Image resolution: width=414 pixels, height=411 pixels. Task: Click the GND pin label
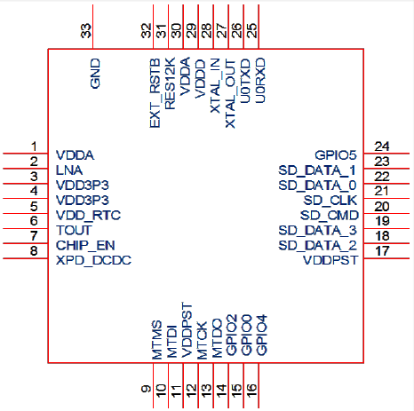pyautogui.click(x=95, y=74)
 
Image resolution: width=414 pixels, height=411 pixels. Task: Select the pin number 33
pyautogui.click(x=86, y=31)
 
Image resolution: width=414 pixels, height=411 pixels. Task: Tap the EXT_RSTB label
pyautogui.click(x=155, y=93)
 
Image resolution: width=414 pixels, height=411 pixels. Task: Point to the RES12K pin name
pyautogui.click(x=170, y=83)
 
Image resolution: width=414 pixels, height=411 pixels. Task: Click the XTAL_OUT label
pyautogui.click(x=230, y=93)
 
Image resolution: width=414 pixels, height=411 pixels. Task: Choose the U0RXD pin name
pyautogui.click(x=260, y=81)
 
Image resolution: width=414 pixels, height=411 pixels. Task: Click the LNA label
pyautogui.click(x=69, y=170)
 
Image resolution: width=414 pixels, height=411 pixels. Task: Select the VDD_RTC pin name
pyautogui.click(x=89, y=216)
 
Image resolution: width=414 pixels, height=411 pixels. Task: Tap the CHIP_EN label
pyautogui.click(x=85, y=245)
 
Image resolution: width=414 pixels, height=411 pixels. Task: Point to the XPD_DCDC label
pyautogui.click(x=94, y=260)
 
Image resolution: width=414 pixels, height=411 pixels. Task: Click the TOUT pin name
pyautogui.click(x=74, y=230)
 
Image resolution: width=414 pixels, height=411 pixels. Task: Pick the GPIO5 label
pyautogui.click(x=336, y=155)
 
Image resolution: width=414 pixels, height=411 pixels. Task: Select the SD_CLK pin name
pyautogui.click(x=330, y=201)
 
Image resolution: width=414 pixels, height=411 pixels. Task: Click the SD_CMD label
pyautogui.click(x=330, y=215)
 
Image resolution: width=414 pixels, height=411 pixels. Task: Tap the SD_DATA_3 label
pyautogui.click(x=318, y=230)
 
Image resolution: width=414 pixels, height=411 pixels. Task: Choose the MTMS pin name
pyautogui.click(x=157, y=340)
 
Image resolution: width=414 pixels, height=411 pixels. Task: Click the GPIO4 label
pyautogui.click(x=262, y=335)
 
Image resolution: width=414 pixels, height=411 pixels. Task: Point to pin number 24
pyautogui.click(x=382, y=146)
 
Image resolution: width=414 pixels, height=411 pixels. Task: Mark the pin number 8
pyautogui.click(x=34, y=251)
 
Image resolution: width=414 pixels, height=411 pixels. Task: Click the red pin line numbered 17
pyautogui.click(x=386, y=258)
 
